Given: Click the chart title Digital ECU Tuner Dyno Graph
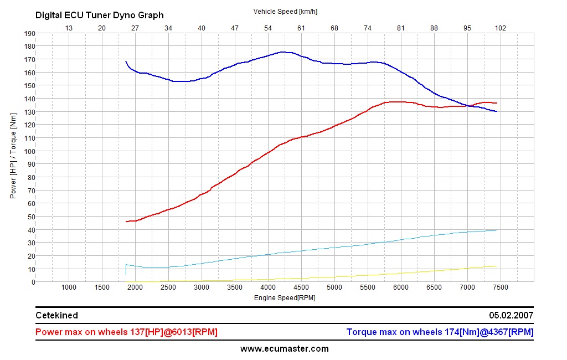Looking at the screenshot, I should coord(100,16).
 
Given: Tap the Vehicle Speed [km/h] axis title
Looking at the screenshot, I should coord(285,11).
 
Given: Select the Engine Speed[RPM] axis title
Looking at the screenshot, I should coord(285,297).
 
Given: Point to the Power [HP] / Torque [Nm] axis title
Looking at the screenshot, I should coord(13,157).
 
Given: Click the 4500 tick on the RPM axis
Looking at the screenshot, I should coord(301,287).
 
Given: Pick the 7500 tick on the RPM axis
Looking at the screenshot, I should coord(501,287).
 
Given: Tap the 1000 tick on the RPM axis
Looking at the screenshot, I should coord(69,287).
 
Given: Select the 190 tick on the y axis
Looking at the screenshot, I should coord(29,33).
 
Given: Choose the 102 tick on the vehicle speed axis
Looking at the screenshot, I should coord(501,28).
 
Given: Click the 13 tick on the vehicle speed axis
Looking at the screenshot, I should coord(69,28).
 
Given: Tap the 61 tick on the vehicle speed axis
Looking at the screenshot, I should coord(301,28).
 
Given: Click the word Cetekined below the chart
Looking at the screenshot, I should coord(56,316).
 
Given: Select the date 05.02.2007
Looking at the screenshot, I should coord(511,316).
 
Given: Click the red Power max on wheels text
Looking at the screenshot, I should coord(126,332).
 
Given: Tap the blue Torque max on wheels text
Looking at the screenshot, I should coord(440,332).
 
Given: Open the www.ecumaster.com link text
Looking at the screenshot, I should coord(284,349).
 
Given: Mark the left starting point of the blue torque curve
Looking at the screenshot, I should coord(126,61).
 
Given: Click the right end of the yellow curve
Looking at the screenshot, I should coord(497,266).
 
